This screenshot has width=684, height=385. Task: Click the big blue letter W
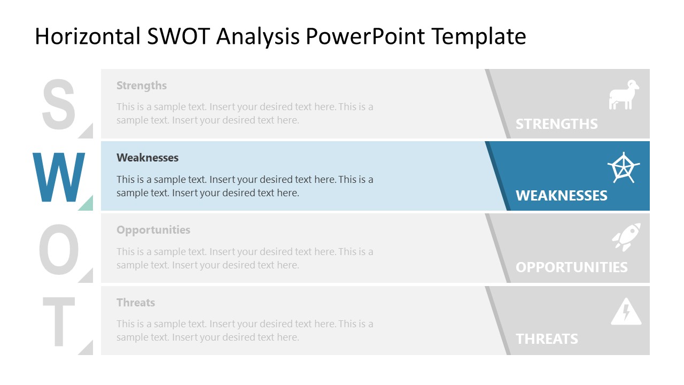click(59, 178)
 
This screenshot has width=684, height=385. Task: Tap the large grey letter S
click(59, 105)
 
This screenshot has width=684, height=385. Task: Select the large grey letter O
click(59, 250)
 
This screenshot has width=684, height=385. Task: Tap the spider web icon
click(623, 168)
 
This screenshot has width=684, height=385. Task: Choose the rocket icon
click(626, 237)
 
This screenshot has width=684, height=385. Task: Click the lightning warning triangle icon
click(626, 312)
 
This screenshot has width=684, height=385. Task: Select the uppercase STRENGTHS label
click(556, 124)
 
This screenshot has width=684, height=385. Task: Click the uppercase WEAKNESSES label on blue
click(561, 196)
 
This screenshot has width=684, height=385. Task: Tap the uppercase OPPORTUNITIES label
click(571, 267)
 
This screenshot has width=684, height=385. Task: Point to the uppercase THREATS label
click(547, 339)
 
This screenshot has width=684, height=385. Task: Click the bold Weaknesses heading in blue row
click(147, 158)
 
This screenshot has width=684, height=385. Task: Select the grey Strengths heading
click(142, 86)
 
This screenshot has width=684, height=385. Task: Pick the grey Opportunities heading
click(153, 230)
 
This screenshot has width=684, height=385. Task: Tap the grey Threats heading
click(136, 303)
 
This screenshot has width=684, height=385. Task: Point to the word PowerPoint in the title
click(366, 36)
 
